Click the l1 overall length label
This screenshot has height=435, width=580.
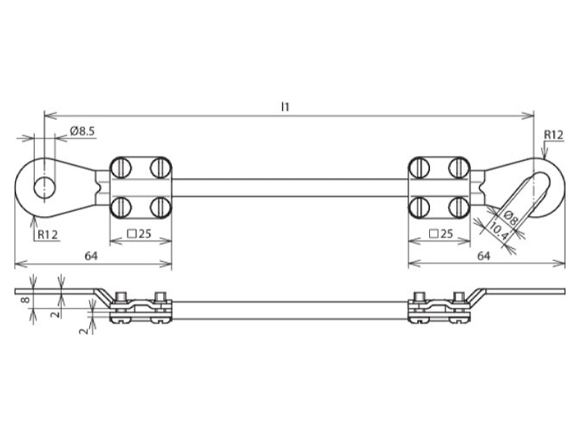click(x=285, y=107)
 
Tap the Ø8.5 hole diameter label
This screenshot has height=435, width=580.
click(x=82, y=131)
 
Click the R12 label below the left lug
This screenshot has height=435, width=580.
click(x=48, y=234)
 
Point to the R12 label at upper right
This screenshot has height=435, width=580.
click(x=553, y=135)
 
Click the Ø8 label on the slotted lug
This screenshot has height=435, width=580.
click(x=510, y=219)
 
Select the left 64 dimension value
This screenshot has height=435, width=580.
click(x=91, y=256)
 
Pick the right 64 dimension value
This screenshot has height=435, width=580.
click(x=484, y=256)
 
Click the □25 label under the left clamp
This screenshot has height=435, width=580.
click(x=139, y=233)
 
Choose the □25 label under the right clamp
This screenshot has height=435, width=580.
click(x=441, y=233)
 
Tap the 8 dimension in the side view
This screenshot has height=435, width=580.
click(x=25, y=299)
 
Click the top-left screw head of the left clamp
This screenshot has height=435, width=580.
click(x=120, y=167)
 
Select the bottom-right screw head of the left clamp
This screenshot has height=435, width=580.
click(x=160, y=207)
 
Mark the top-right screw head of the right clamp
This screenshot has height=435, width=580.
click(x=459, y=167)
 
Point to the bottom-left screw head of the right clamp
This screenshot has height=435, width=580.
click(x=419, y=207)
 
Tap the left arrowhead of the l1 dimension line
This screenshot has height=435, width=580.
click(x=51, y=116)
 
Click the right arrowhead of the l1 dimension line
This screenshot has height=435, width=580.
click(x=528, y=116)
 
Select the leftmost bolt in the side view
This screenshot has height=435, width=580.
click(x=121, y=307)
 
